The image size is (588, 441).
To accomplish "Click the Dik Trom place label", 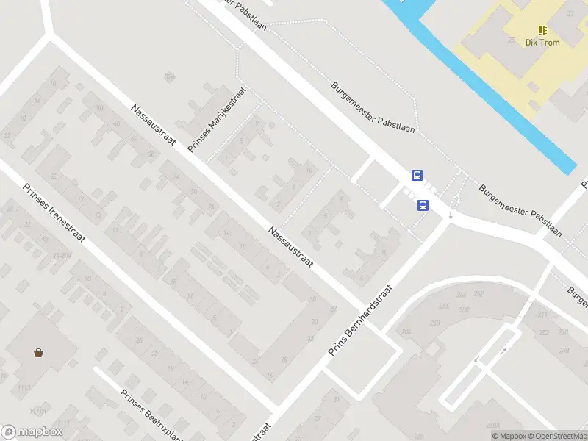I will coord(542,43).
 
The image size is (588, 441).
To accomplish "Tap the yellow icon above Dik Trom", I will coord(542,30).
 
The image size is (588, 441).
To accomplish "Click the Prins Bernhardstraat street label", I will coord(360,320).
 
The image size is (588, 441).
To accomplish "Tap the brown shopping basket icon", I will coord(38,352).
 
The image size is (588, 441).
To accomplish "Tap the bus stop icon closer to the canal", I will coord(417,175).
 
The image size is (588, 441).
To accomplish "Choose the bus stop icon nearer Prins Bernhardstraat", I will coord(423,205).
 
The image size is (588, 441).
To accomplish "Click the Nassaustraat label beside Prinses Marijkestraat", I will coord(153,123).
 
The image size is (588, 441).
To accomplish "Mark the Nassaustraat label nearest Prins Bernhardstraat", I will coord(291,247).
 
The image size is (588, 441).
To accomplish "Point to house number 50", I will coord(98,109).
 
